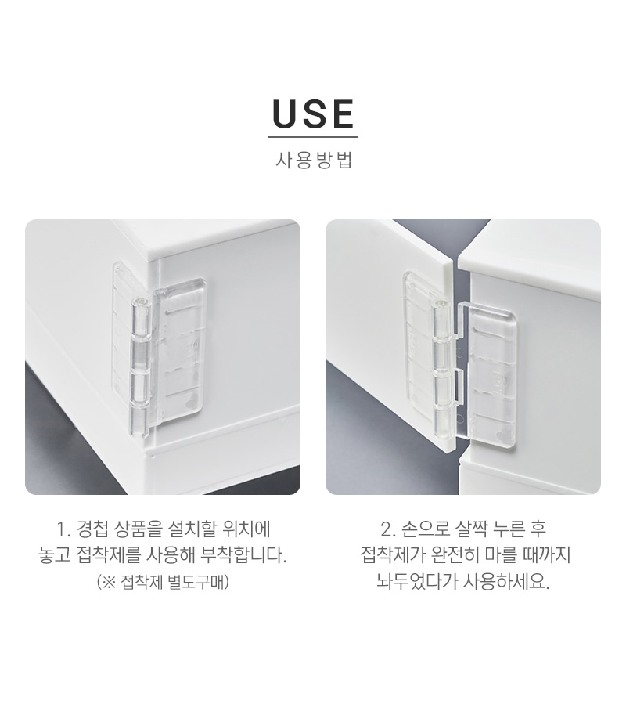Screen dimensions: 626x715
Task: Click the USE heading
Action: point(313,114)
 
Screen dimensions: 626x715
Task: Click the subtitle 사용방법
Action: point(314,160)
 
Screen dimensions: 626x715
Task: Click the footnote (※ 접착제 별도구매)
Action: point(163,582)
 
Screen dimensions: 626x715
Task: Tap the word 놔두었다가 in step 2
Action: point(416,582)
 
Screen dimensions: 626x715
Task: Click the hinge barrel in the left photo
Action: point(141,367)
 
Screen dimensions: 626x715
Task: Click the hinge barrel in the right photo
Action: point(441,368)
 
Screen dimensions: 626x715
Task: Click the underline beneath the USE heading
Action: point(313,137)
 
